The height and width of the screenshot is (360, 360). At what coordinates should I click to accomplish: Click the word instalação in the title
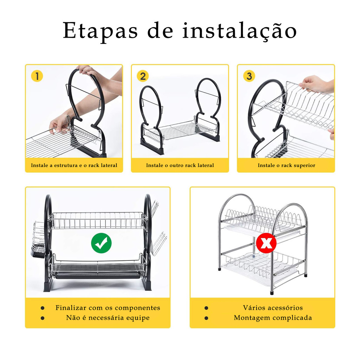tap(240, 31)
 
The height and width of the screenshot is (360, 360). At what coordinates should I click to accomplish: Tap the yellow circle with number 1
tap(37, 76)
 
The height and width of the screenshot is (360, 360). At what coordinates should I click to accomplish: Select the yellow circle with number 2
tap(143, 76)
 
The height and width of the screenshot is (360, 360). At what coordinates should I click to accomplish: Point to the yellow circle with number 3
tap(249, 76)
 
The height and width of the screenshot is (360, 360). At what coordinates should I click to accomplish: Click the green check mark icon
tap(101, 243)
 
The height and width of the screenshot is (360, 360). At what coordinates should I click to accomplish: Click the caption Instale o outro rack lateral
tap(180, 165)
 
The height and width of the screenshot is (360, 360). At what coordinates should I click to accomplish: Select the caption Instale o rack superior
tap(286, 165)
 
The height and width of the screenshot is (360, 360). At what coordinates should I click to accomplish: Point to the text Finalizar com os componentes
tap(108, 308)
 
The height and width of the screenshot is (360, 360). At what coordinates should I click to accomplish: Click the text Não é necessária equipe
tap(108, 318)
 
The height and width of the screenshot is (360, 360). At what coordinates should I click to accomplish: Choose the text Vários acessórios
tap(273, 308)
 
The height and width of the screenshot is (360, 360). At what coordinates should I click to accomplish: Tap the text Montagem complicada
tap(273, 318)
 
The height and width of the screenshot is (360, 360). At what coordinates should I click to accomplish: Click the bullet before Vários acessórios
tap(206, 308)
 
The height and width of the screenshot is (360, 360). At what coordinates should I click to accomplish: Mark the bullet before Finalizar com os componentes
tap(43, 308)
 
